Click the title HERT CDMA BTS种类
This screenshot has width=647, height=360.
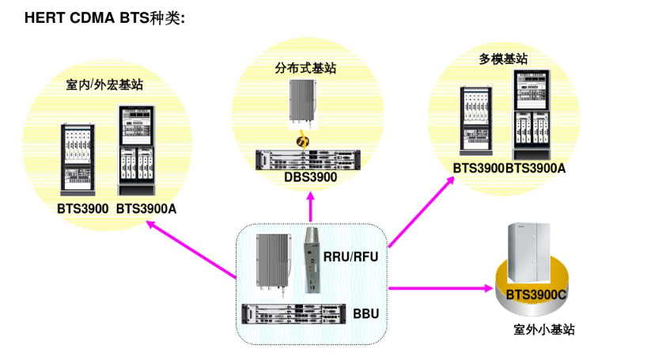tap(104, 17)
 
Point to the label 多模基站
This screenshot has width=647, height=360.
tap(503, 59)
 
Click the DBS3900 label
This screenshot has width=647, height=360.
tap(311, 178)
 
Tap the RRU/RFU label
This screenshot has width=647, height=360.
tap(350, 256)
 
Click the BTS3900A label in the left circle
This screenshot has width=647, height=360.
tap(146, 209)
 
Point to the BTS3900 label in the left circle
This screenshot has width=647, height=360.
tap(81, 209)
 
